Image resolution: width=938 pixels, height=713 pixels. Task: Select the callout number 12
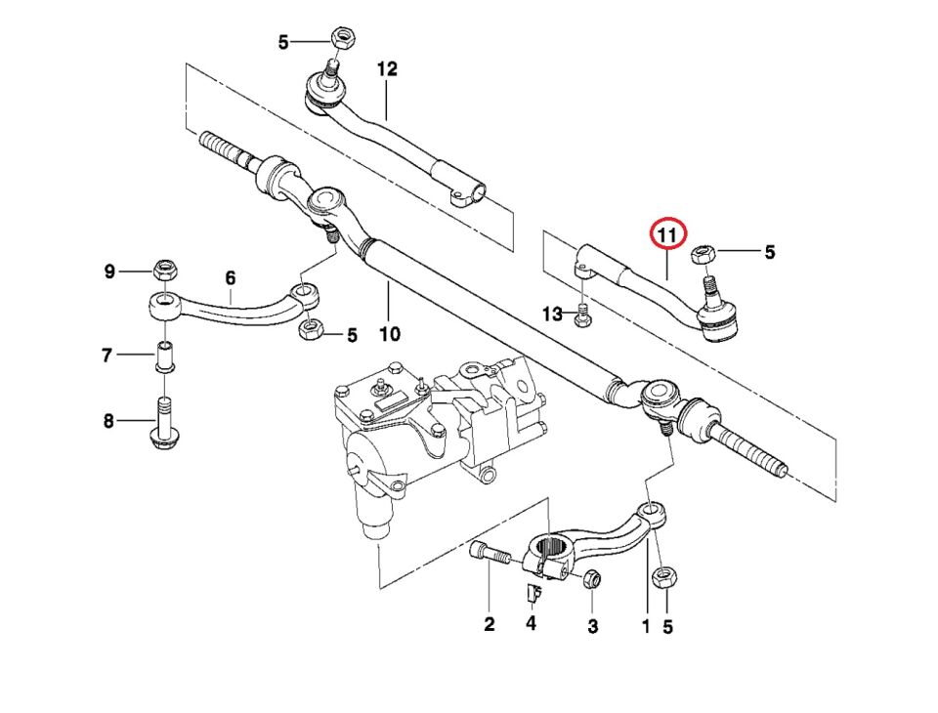(x=387, y=69)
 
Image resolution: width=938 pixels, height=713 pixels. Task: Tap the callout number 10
(x=389, y=334)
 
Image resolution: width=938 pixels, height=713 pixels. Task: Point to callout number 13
(x=553, y=314)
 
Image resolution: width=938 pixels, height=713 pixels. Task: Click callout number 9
(x=110, y=271)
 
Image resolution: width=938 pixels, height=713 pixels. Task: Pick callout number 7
(x=107, y=356)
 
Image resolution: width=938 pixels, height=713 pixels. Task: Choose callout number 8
(x=107, y=421)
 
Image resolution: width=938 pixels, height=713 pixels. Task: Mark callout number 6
(x=231, y=278)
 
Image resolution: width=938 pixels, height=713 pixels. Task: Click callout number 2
(x=490, y=624)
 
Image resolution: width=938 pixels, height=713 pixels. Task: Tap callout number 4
(x=531, y=622)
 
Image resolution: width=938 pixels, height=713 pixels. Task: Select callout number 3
(x=592, y=624)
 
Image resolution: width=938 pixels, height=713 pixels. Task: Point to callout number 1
(x=645, y=626)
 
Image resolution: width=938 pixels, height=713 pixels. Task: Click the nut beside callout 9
(x=163, y=270)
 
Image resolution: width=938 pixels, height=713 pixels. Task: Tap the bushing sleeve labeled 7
(x=165, y=356)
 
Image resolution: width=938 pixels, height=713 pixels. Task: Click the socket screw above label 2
(x=490, y=556)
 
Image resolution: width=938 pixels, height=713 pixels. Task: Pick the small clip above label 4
(x=532, y=592)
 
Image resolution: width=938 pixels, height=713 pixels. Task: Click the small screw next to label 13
(x=583, y=315)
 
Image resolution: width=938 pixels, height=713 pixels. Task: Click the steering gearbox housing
(x=410, y=430)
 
